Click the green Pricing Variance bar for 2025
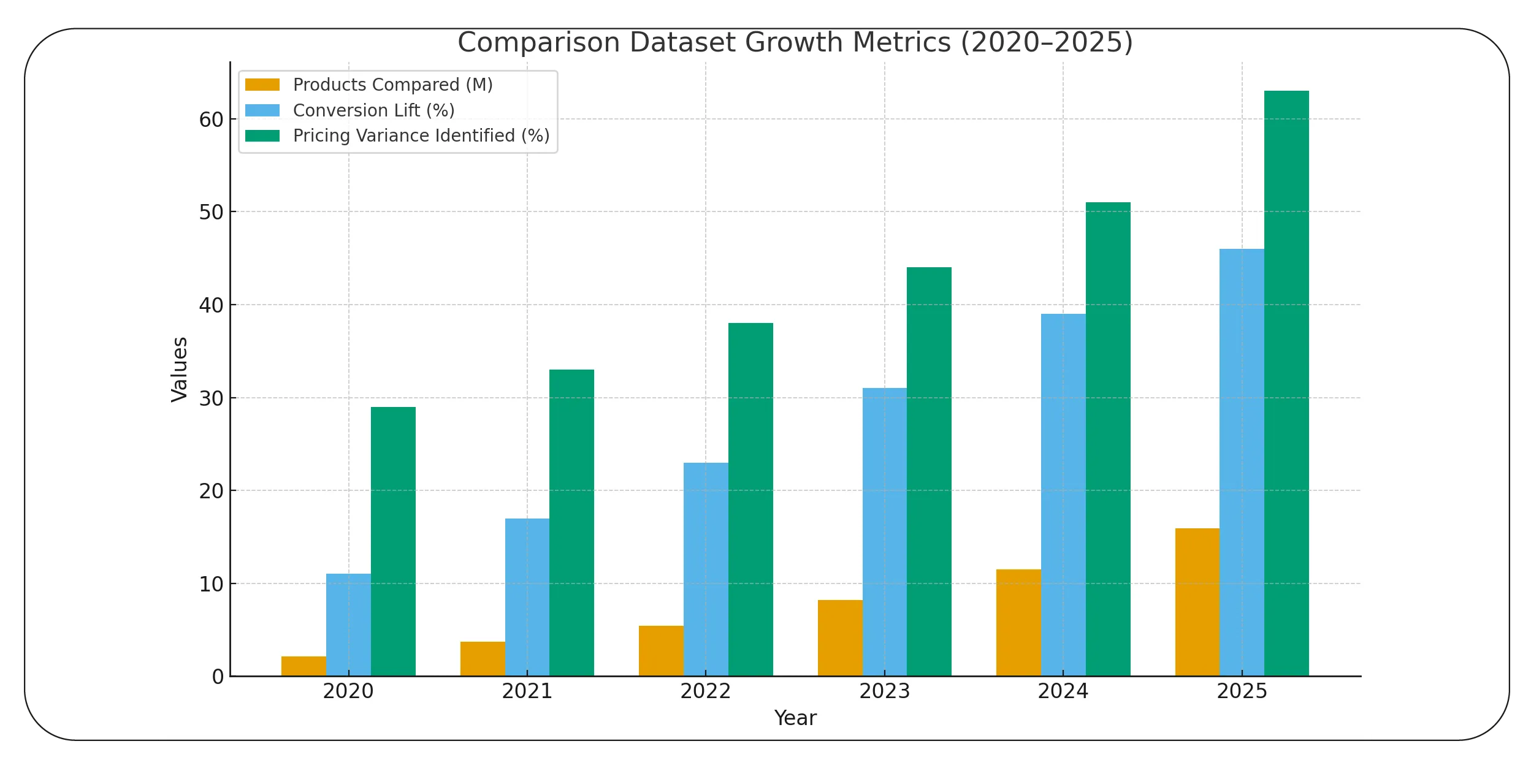1286,383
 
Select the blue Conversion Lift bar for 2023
884,532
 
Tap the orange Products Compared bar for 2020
304,666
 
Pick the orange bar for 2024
1018,623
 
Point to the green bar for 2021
571,523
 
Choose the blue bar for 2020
348,625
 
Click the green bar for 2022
750,500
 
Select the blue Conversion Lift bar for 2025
1242,462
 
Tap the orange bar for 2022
661,651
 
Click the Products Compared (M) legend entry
392,85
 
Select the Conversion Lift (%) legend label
373,110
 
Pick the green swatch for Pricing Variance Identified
262,135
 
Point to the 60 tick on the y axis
211,120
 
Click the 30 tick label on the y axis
211,398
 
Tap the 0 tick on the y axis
218,677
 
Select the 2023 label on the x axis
884,691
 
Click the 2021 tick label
527,691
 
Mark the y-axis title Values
179,370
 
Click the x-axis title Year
795,718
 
